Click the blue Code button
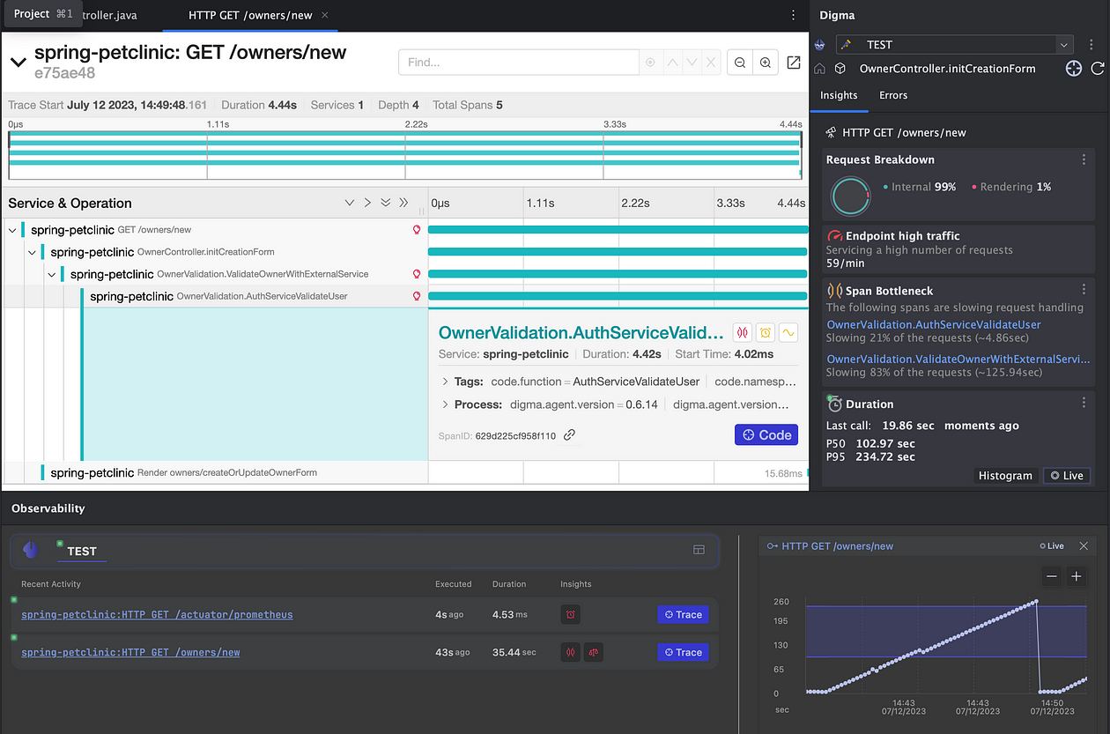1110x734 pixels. pyautogui.click(x=766, y=434)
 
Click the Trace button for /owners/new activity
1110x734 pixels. pyautogui.click(x=683, y=652)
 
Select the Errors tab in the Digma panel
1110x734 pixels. pyautogui.click(x=892, y=95)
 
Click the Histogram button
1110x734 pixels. pyautogui.click(x=1004, y=475)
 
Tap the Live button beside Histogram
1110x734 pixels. pyautogui.click(x=1066, y=475)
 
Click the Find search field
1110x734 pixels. pyautogui.click(x=518, y=63)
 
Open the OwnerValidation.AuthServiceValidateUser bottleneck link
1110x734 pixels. pyautogui.click(x=933, y=324)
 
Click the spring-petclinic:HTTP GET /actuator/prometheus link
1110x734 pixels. pyautogui.click(x=157, y=614)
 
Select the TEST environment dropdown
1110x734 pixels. pyautogui.click(x=954, y=44)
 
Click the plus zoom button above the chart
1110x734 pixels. pyautogui.click(x=1076, y=576)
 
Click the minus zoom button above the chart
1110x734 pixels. pyautogui.click(x=1051, y=576)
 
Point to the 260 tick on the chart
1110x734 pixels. pyautogui.click(x=781, y=602)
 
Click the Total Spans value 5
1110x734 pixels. pyautogui.click(x=499, y=105)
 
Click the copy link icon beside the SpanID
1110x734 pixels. pyautogui.click(x=570, y=435)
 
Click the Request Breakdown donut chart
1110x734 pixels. pyautogui.click(x=850, y=196)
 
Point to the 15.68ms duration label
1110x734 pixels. pyautogui.click(x=783, y=473)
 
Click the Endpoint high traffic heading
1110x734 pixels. pyautogui.click(x=902, y=236)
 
